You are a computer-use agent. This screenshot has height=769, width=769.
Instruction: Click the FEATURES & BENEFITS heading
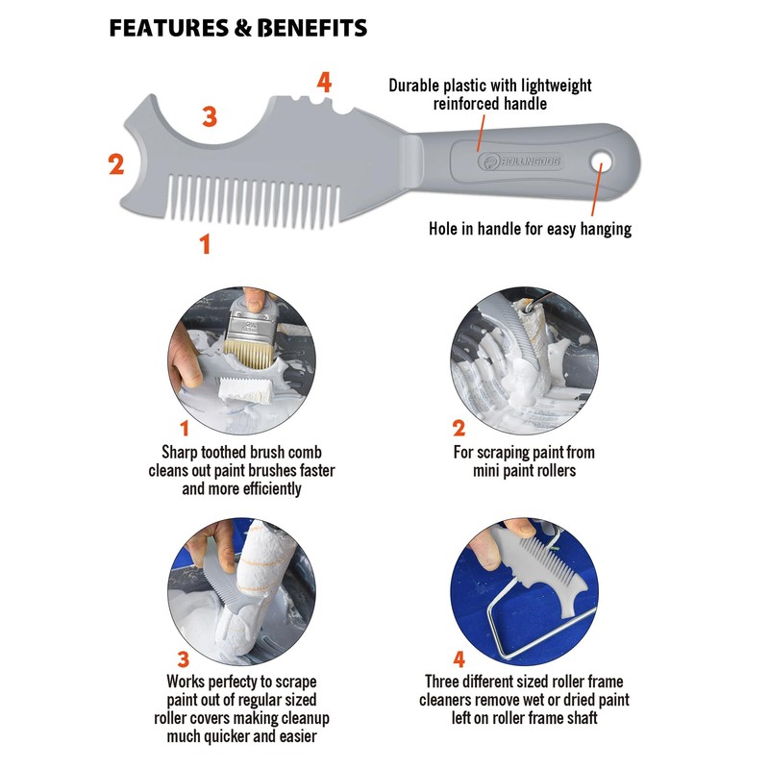(x=238, y=28)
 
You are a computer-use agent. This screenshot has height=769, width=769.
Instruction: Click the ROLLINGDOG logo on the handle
(x=520, y=161)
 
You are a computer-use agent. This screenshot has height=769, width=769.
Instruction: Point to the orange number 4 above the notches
(x=324, y=82)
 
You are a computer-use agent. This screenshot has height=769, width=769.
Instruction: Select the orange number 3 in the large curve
(x=210, y=116)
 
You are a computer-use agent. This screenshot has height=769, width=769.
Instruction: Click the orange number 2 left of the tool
(x=116, y=163)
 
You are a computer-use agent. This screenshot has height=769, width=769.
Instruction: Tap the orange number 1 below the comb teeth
(x=205, y=244)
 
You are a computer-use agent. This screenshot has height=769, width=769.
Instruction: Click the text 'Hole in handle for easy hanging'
(x=530, y=229)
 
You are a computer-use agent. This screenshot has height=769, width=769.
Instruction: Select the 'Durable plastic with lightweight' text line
(x=490, y=86)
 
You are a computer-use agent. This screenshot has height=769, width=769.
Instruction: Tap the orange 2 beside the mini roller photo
(x=459, y=428)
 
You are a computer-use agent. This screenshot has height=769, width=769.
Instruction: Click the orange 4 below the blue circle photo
(x=459, y=658)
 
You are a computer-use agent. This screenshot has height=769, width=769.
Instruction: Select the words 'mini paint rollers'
(x=524, y=471)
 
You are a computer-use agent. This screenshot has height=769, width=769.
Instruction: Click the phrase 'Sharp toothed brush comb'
(x=242, y=452)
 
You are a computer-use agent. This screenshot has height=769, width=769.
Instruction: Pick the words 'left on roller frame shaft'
(x=524, y=718)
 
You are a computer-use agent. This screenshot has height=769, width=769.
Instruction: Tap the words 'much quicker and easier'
(x=242, y=736)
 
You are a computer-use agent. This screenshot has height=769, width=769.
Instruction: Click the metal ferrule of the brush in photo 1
(x=252, y=325)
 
